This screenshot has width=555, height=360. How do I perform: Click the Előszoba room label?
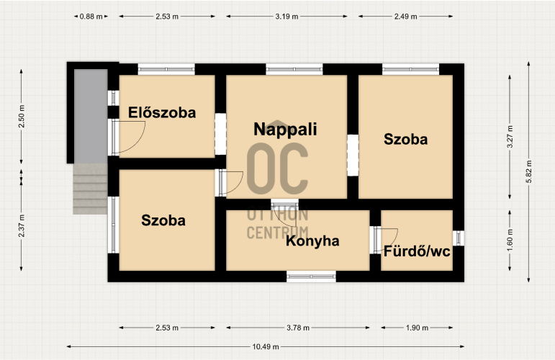point(162,112)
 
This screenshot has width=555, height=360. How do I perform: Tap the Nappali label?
point(285,130)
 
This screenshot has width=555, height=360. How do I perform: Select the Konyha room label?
point(312,241)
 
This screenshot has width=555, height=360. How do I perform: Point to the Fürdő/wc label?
point(417,251)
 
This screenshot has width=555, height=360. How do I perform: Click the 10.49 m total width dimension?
point(266,346)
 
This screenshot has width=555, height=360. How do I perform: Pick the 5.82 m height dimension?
point(529,171)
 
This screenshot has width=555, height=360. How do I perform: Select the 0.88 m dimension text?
point(91,17)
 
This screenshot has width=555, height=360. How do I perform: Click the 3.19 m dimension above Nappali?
point(286,17)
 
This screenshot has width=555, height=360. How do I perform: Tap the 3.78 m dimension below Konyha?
point(298,328)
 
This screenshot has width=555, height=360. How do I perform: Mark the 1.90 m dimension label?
point(417,328)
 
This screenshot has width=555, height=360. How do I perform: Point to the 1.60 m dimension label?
point(510,240)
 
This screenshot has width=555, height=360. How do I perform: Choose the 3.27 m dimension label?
point(510,137)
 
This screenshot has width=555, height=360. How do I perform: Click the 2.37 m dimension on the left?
point(22,226)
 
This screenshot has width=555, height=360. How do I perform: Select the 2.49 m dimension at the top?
point(405,17)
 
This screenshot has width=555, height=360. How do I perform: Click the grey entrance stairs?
point(90,189)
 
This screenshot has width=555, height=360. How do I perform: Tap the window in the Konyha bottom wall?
point(311,276)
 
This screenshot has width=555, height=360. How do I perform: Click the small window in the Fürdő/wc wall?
point(459,238)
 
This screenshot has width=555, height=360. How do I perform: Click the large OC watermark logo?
point(277,168)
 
